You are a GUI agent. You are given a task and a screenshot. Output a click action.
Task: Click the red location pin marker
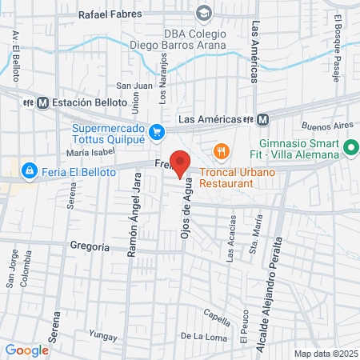(x=181, y=162)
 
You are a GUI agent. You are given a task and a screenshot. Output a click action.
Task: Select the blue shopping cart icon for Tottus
(x=158, y=133)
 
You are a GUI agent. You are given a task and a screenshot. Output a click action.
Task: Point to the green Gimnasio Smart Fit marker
(x=349, y=149)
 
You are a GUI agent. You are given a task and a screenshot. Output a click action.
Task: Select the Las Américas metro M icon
(x=263, y=119)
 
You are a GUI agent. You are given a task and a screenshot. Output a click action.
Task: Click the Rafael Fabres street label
(x=109, y=14)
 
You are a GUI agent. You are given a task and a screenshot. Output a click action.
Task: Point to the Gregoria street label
(x=90, y=247)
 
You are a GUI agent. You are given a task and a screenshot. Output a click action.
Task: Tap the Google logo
(x=26, y=350)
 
